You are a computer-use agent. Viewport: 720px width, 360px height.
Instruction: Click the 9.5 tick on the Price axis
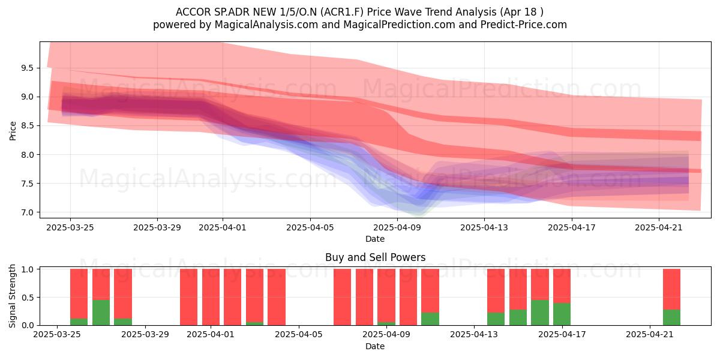[x=27, y=68]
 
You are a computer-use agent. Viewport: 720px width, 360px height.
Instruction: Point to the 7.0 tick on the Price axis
[x=27, y=212]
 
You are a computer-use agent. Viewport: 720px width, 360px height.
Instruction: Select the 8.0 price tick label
[x=27, y=155]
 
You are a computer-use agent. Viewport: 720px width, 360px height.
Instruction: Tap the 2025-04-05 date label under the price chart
[x=310, y=227]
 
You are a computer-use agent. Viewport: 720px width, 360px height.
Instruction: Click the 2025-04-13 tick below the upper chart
[x=484, y=227]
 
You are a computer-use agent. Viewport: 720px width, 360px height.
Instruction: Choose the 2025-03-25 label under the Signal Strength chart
[x=57, y=335]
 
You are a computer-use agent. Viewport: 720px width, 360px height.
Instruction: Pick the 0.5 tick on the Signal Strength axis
[x=28, y=298]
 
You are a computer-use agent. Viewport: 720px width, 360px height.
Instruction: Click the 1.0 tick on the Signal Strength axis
[x=28, y=269]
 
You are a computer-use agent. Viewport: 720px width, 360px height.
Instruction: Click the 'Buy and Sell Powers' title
[x=375, y=257]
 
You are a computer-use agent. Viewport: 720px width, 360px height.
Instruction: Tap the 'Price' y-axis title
[x=13, y=131]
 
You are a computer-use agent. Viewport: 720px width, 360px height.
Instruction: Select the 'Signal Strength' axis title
[x=12, y=296]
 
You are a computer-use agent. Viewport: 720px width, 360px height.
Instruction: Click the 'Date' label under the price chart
[x=375, y=239]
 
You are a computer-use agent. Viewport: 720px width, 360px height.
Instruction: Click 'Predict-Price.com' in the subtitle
[x=524, y=25]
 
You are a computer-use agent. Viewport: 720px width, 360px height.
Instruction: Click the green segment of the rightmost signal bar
[x=672, y=317]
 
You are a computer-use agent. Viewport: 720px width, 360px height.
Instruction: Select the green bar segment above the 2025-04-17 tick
[x=562, y=314]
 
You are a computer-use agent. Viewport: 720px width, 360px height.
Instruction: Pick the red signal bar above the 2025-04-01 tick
[x=211, y=297]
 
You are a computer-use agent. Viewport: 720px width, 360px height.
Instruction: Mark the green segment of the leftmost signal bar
[x=79, y=322]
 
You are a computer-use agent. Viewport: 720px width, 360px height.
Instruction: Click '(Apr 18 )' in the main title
[x=521, y=12]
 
